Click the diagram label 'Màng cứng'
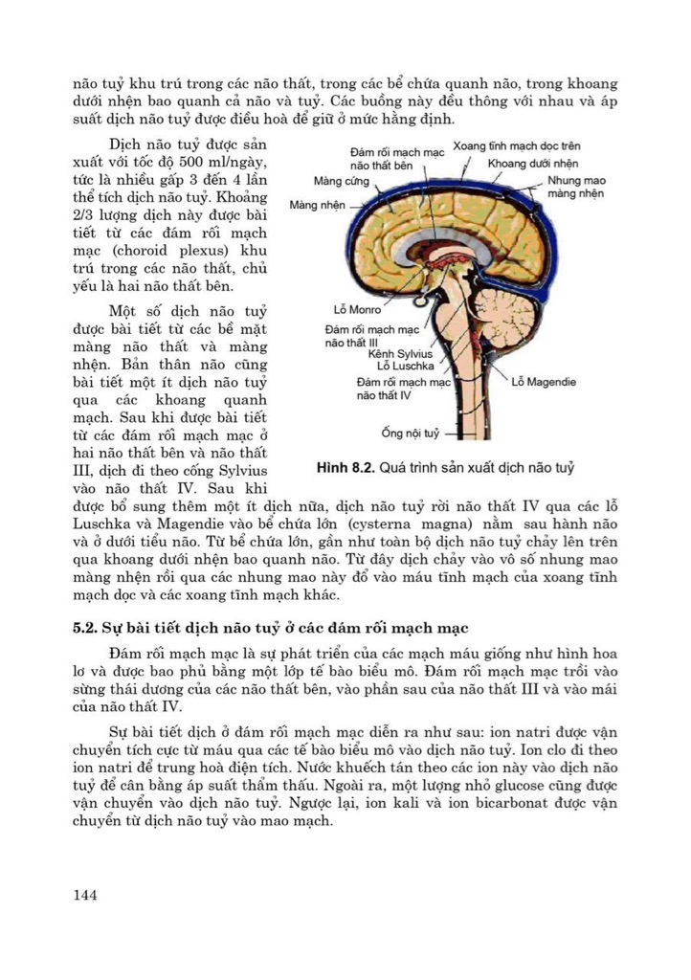[341, 181]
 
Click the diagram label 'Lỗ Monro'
[358, 310]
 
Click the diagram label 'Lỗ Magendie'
[544, 381]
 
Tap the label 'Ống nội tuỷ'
[412, 434]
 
